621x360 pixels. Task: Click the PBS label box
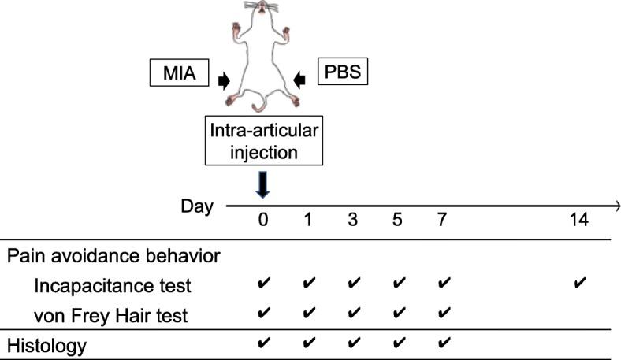343,76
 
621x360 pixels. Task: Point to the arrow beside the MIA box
225,79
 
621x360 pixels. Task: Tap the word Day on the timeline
196,207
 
